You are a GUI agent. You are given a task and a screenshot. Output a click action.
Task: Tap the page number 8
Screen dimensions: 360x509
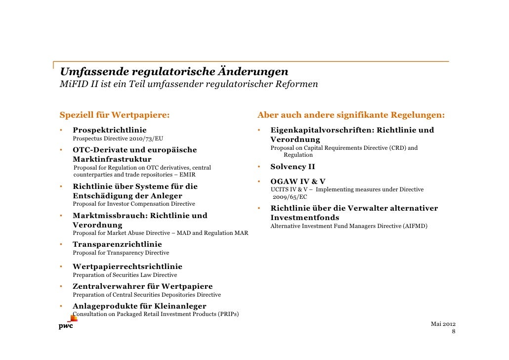pyautogui.click(x=453, y=331)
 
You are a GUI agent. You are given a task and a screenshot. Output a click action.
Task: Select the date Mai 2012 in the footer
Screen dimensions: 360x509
pyautogui.click(x=443, y=323)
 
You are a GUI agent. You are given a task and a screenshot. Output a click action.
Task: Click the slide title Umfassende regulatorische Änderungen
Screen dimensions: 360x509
pyautogui.click(x=174, y=72)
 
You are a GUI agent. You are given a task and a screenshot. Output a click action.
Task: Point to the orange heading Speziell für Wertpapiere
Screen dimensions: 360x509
pyautogui.click(x=114, y=116)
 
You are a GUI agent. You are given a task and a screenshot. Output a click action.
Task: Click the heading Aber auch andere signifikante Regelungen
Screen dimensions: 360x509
pyautogui.click(x=351, y=116)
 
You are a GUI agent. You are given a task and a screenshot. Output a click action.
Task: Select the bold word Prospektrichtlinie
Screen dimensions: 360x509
pyautogui.click(x=110, y=130)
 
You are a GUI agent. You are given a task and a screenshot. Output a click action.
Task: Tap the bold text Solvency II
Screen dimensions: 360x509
pyautogui.click(x=293, y=167)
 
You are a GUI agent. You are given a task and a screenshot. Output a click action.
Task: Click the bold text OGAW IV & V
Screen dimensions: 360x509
pyautogui.click(x=297, y=181)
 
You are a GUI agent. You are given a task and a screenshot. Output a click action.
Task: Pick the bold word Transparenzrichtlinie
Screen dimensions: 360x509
pyautogui.click(x=117, y=244)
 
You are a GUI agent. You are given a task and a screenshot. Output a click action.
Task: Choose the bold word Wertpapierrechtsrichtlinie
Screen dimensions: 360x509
pyautogui.click(x=127, y=267)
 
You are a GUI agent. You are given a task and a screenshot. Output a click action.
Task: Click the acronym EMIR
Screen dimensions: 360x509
pyautogui.click(x=188, y=175)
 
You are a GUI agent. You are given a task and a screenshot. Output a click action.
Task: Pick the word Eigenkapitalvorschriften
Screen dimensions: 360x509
pyautogui.click(x=321, y=130)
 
